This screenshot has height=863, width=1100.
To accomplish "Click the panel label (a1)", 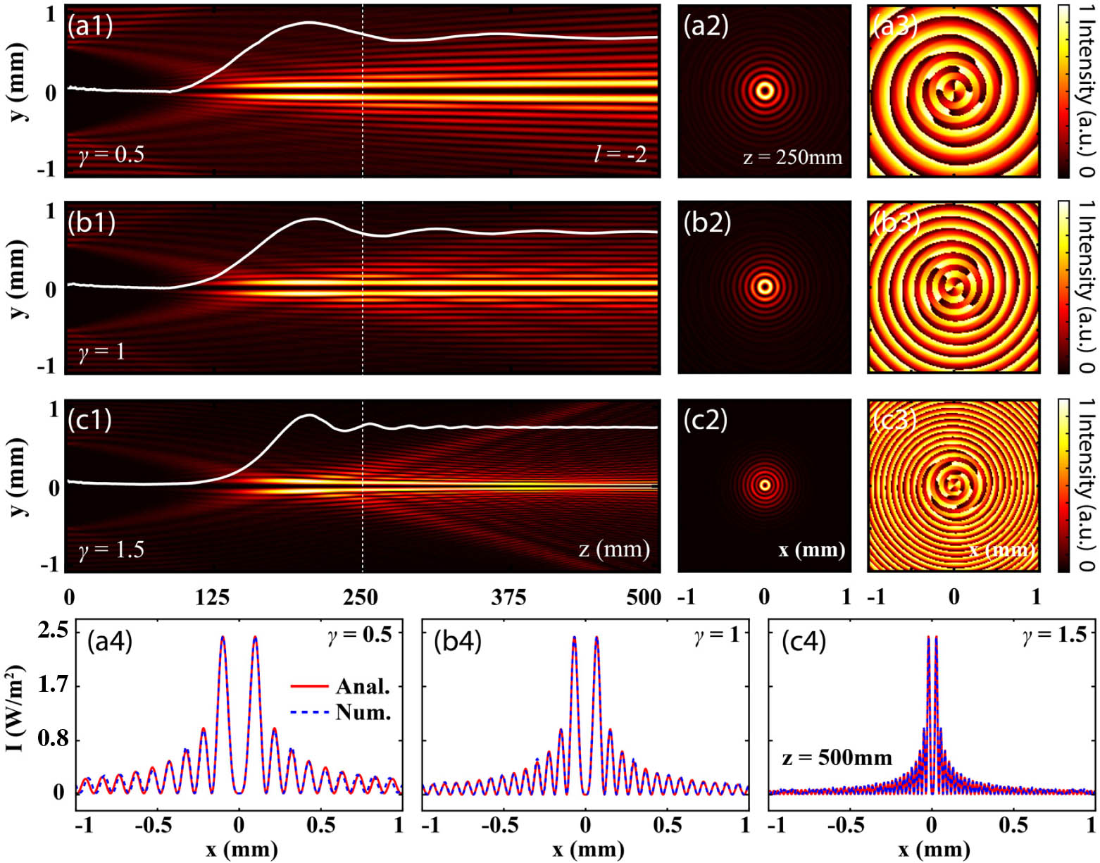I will (90, 26).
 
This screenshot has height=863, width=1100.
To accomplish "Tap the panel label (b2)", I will (707, 223).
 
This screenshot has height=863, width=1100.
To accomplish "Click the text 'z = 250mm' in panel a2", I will (792, 157).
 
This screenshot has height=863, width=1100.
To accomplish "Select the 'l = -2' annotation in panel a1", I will (620, 153).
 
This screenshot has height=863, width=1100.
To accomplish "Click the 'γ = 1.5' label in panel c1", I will (111, 550).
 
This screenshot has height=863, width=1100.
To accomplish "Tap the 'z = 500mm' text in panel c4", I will (837, 758).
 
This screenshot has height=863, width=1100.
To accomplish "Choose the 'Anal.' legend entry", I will (363, 685).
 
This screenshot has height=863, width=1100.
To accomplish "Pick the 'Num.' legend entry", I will (363, 712).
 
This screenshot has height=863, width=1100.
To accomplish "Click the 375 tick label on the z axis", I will (508, 597).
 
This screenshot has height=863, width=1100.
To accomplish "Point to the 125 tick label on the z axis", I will (212, 597).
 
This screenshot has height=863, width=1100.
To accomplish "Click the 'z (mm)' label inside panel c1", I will (614, 548).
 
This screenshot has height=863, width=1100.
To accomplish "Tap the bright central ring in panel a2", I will (765, 90).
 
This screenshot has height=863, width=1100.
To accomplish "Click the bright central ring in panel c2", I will (765, 485).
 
